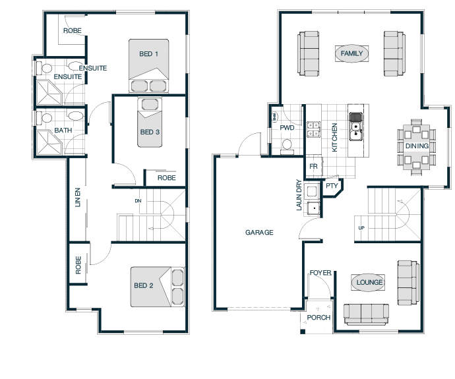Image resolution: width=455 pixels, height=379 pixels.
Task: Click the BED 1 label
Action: (x=148, y=53)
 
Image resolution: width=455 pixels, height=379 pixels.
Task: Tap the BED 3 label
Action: (x=150, y=132)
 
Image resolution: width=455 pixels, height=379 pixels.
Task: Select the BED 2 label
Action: (x=143, y=285)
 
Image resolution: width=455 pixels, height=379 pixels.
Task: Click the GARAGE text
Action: (x=259, y=232)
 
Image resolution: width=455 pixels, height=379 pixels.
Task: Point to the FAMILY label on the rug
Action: (x=351, y=53)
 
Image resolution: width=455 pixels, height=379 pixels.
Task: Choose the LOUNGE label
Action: (x=369, y=282)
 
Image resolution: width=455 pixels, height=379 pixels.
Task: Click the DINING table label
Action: (x=417, y=146)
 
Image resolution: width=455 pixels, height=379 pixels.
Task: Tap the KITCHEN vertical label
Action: (x=334, y=138)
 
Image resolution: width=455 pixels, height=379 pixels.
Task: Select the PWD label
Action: (x=287, y=128)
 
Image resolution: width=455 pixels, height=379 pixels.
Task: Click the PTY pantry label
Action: (x=332, y=186)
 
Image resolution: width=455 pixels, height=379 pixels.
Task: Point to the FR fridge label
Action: (x=313, y=167)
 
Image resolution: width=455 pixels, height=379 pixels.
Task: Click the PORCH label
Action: (x=318, y=318)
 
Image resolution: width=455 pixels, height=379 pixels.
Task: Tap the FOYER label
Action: (x=320, y=273)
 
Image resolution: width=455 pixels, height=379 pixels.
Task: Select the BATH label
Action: (x=63, y=131)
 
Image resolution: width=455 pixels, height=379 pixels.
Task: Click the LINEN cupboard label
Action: (x=77, y=198)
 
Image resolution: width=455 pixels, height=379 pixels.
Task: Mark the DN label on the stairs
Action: (x=138, y=200)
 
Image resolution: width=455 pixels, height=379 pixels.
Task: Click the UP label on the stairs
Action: (x=361, y=228)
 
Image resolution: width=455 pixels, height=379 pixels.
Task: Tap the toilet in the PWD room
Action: (x=287, y=147)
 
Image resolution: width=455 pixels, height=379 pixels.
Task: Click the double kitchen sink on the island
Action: (x=355, y=131)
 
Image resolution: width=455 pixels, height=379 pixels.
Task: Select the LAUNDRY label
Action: (x=299, y=195)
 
